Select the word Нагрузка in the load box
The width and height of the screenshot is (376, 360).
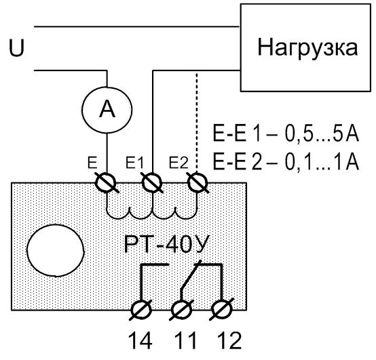click(x=307, y=47)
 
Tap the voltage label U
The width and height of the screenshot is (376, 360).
click(x=16, y=48)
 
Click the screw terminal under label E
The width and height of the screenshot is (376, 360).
click(x=106, y=183)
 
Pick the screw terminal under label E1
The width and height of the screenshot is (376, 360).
click(x=152, y=183)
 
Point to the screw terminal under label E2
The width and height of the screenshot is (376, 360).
click(x=197, y=183)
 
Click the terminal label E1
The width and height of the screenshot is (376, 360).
click(x=134, y=163)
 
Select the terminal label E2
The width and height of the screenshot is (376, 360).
click(x=178, y=163)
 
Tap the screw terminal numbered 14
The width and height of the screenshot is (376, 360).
click(x=142, y=310)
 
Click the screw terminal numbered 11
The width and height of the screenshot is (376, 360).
click(x=182, y=310)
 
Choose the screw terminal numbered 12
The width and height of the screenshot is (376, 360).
click(x=222, y=310)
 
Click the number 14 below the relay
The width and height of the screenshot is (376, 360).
click(x=140, y=341)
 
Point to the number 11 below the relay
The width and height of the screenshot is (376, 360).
click(x=185, y=341)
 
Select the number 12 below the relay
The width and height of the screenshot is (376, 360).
click(x=229, y=341)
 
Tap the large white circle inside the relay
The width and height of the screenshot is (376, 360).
click(x=56, y=251)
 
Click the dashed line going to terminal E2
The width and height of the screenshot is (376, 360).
click(x=197, y=122)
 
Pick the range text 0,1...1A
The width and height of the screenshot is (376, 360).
click(x=322, y=161)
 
